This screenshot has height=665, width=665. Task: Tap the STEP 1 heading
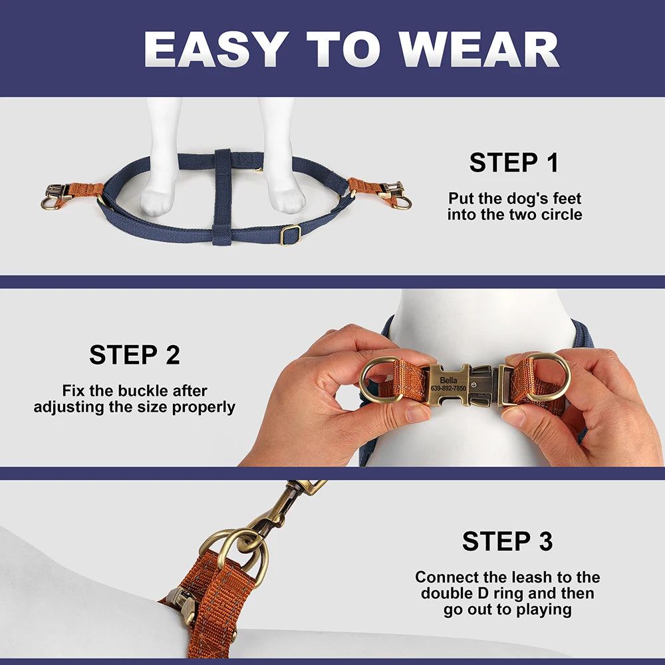click(513, 163)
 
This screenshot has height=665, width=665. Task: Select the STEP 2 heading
click(134, 355)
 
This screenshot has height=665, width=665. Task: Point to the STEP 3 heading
click(507, 541)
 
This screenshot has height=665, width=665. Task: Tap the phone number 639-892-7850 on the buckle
click(448, 388)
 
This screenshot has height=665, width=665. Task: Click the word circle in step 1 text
click(562, 215)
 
